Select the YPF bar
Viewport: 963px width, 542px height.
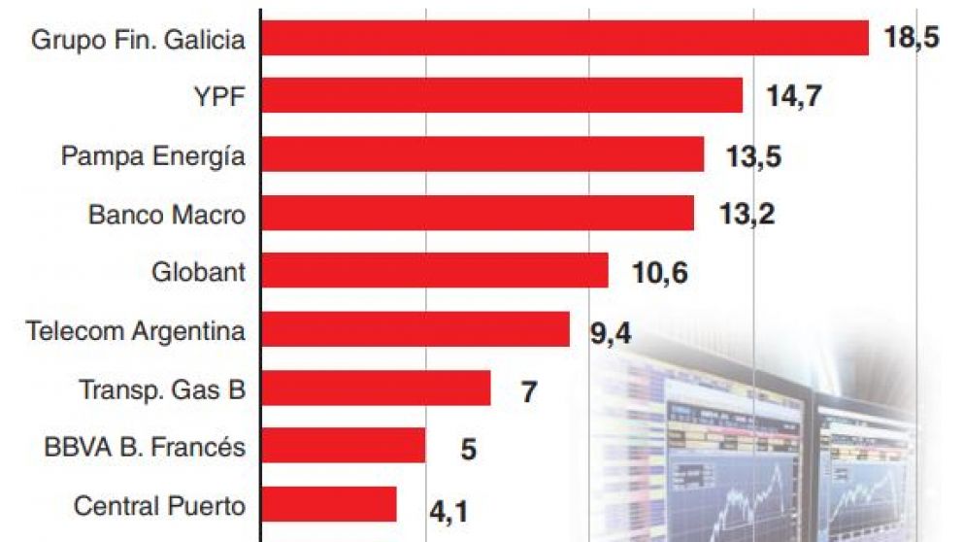[503, 96]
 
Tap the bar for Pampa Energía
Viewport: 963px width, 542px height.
[482, 154]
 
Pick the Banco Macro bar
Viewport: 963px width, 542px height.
[478, 213]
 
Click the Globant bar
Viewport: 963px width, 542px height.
[435, 271]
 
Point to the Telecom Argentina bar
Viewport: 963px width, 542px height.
[415, 330]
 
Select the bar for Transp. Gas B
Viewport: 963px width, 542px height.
[377, 389]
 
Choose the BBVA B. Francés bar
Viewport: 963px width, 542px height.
[344, 447]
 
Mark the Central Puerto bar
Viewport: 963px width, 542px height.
[329, 505]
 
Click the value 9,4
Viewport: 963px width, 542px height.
[611, 334]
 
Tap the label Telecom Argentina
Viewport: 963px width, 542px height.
[136, 330]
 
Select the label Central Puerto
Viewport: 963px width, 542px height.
[159, 506]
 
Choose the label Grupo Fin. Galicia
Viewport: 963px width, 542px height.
[138, 40]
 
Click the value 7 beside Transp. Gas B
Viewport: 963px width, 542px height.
[529, 392]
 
